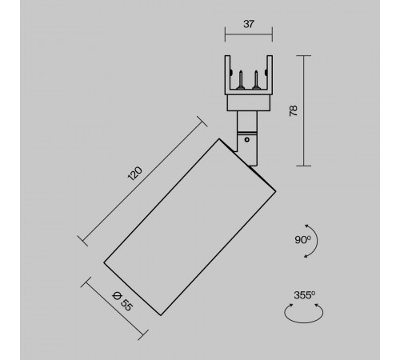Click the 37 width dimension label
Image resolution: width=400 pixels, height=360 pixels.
(x=249, y=24)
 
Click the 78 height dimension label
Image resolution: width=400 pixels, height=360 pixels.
(x=294, y=110)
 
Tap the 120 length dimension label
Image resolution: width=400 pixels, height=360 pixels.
(x=135, y=174)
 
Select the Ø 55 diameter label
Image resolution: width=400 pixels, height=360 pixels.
(x=122, y=302)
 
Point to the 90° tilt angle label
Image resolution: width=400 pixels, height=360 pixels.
(x=302, y=240)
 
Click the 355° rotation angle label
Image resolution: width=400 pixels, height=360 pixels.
(x=305, y=295)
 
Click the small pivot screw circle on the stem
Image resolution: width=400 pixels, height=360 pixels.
(x=247, y=139)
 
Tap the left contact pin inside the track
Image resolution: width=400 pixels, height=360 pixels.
(x=241, y=79)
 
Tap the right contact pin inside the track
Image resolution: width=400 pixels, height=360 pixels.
(x=256, y=79)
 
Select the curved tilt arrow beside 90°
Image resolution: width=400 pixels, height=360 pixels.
(x=318, y=241)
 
